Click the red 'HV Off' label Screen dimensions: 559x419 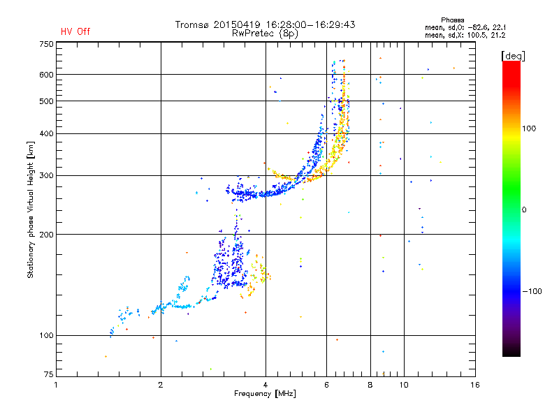click(75, 31)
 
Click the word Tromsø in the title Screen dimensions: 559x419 click(191, 24)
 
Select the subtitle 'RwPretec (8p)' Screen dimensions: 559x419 click(265, 34)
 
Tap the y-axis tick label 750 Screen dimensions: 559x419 click(46, 44)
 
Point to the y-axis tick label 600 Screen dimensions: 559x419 click(46, 75)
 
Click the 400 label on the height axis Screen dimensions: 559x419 click(46, 133)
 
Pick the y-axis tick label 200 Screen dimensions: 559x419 click(46, 235)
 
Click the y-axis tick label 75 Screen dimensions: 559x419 click(49, 374)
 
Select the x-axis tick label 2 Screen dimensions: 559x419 click(161, 385)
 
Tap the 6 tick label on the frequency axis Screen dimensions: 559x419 click(326, 385)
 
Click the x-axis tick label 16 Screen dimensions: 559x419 click(475, 385)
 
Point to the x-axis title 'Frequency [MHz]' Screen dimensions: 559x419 click(265, 394)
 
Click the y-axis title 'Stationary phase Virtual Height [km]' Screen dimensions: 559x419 click(31, 210)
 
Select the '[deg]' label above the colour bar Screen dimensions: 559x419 click(513, 56)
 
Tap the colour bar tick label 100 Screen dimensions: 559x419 click(529, 128)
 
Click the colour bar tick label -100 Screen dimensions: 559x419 click(532, 291)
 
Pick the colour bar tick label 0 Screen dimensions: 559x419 click(524, 210)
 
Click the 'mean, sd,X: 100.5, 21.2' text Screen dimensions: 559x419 click(465, 35)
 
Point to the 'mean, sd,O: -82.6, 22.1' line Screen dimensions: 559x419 click(465, 27)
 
